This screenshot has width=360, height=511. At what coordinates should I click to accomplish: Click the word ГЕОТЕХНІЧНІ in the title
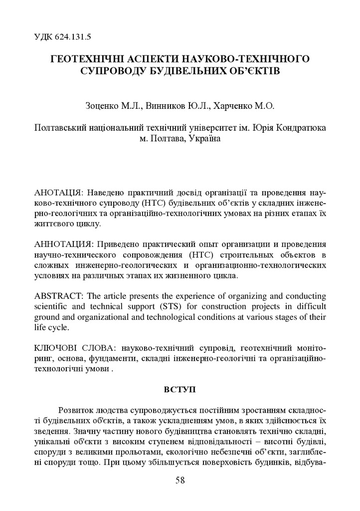pyautogui.click(x=91, y=59)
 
